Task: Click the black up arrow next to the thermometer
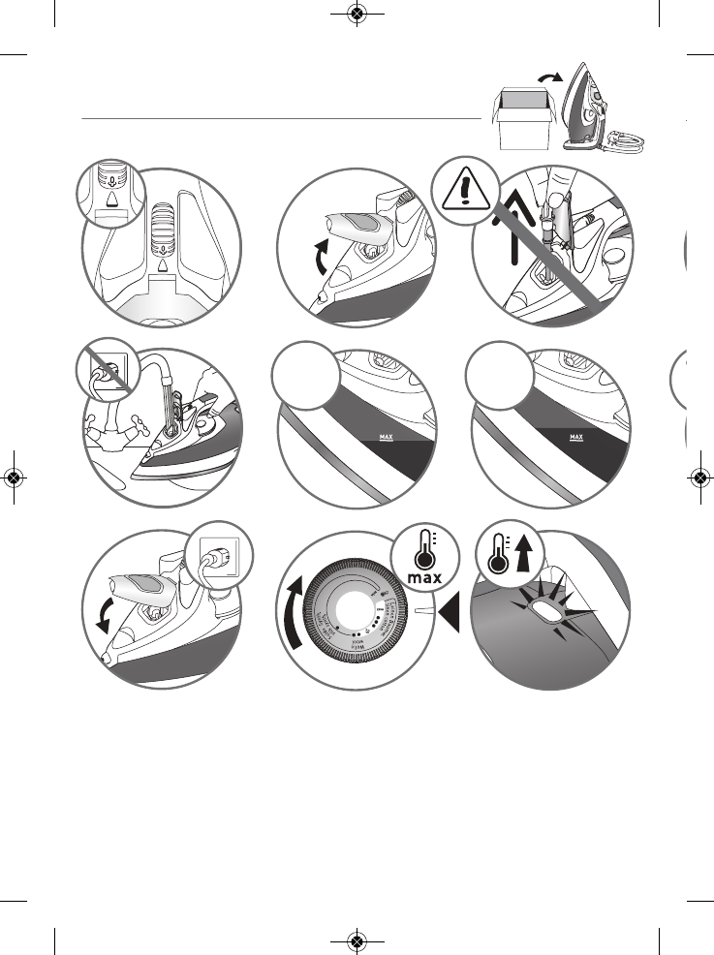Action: (x=526, y=560)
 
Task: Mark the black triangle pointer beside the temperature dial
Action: (x=448, y=611)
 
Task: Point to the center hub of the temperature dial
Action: (x=362, y=610)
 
